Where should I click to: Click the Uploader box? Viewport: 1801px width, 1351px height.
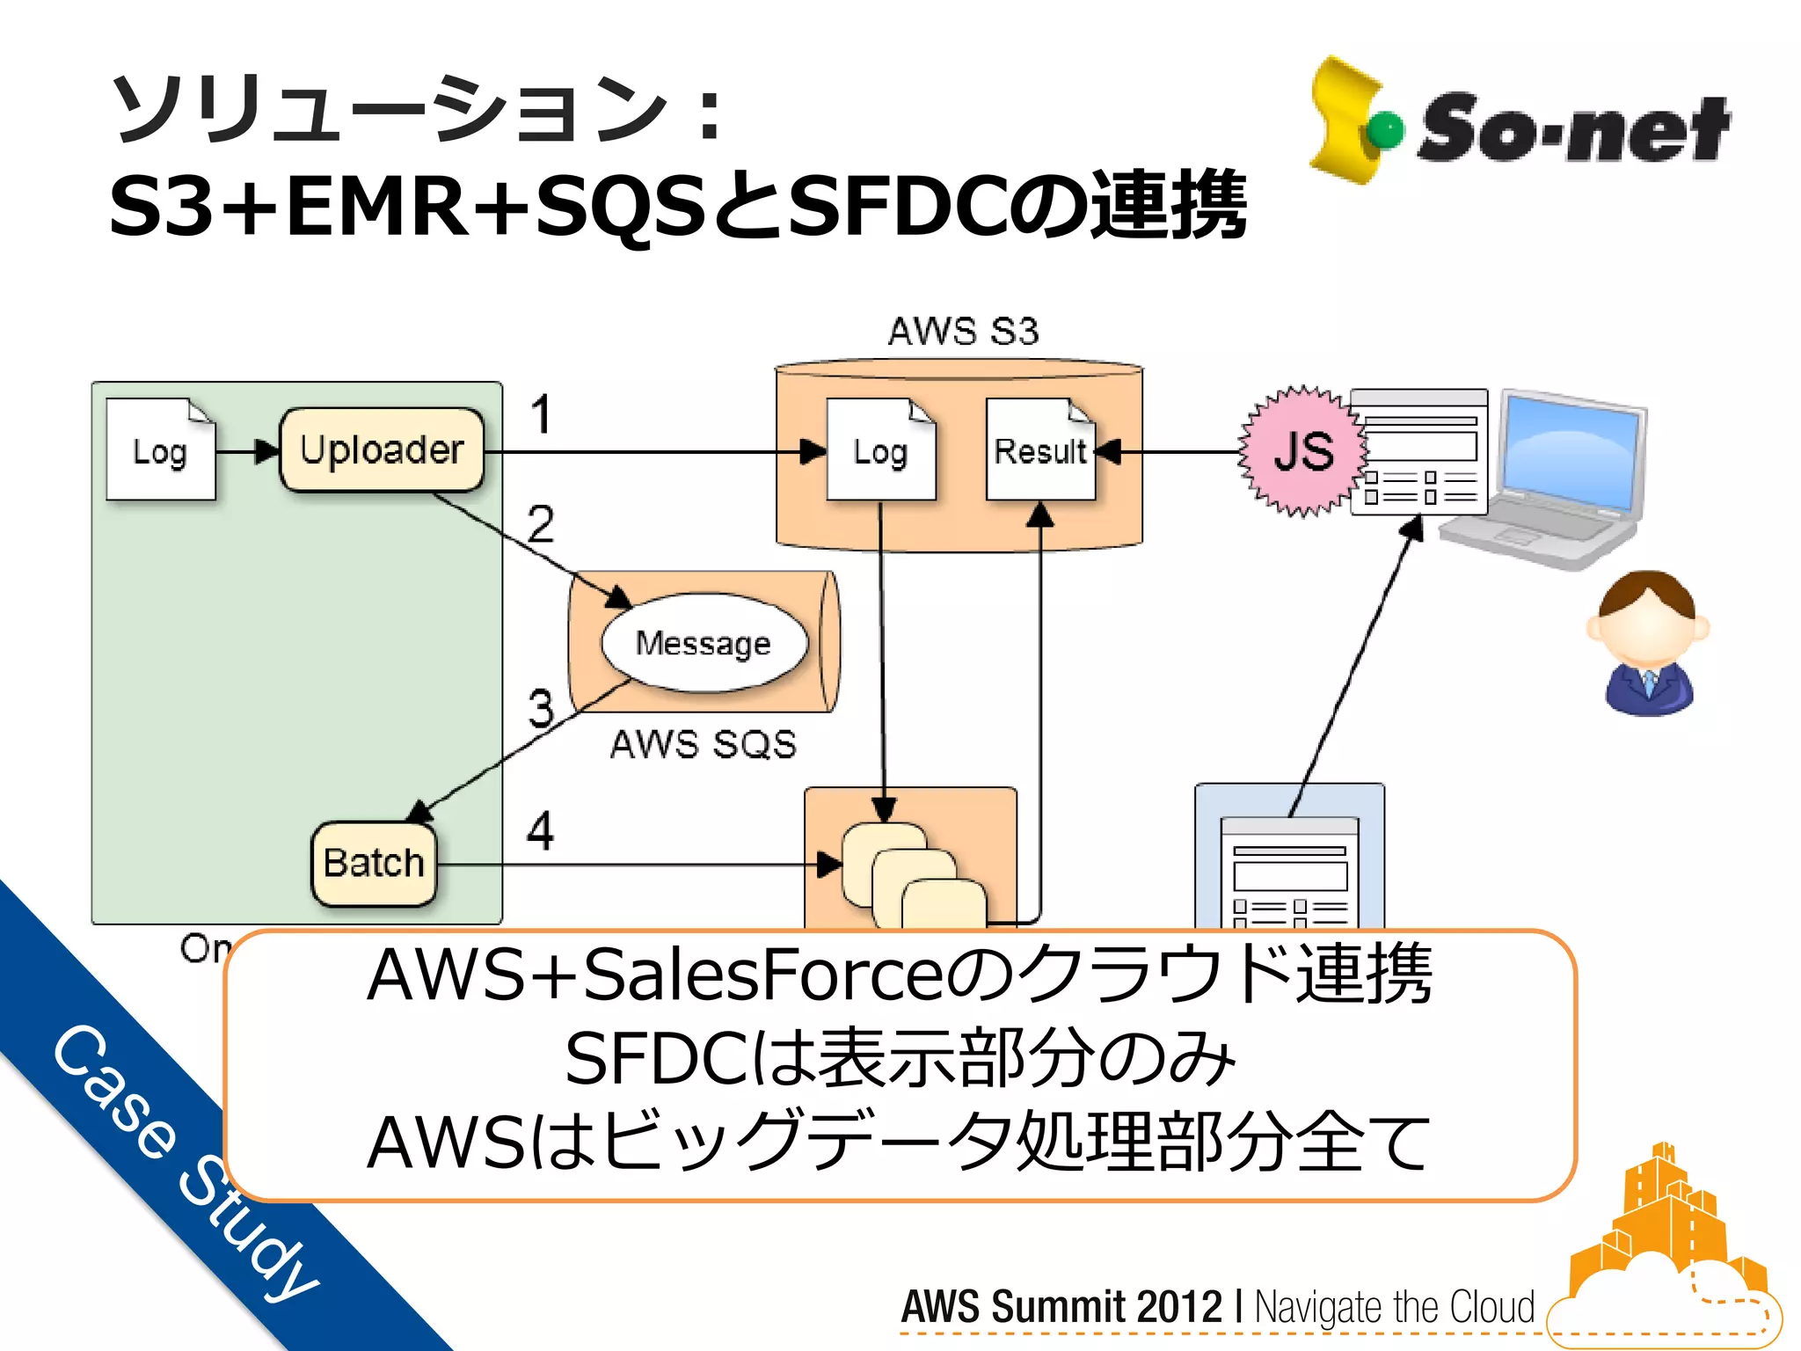click(382, 449)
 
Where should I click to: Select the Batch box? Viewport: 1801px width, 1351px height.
click(374, 863)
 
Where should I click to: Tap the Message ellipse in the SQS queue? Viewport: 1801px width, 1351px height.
click(704, 643)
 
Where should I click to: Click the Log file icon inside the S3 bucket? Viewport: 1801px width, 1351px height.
click(880, 450)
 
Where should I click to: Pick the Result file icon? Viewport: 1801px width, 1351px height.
click(1040, 450)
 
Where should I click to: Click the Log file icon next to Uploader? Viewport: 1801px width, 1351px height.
click(160, 450)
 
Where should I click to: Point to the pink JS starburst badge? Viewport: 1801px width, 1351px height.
click(1303, 450)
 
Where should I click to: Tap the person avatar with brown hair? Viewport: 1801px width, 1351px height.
click(1648, 642)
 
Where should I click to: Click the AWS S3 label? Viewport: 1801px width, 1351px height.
click(963, 332)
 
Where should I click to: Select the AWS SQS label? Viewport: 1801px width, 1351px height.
click(704, 744)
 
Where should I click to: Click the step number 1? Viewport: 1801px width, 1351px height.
click(541, 415)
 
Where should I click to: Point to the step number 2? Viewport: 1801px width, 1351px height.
click(541, 524)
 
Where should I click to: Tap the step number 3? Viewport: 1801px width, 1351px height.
click(541, 708)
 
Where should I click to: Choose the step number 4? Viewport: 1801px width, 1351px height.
click(540, 831)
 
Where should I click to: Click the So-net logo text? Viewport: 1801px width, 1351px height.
click(1572, 129)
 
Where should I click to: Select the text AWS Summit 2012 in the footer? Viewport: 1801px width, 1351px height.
click(1061, 1306)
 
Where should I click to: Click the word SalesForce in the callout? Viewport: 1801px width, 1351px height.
click(758, 975)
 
